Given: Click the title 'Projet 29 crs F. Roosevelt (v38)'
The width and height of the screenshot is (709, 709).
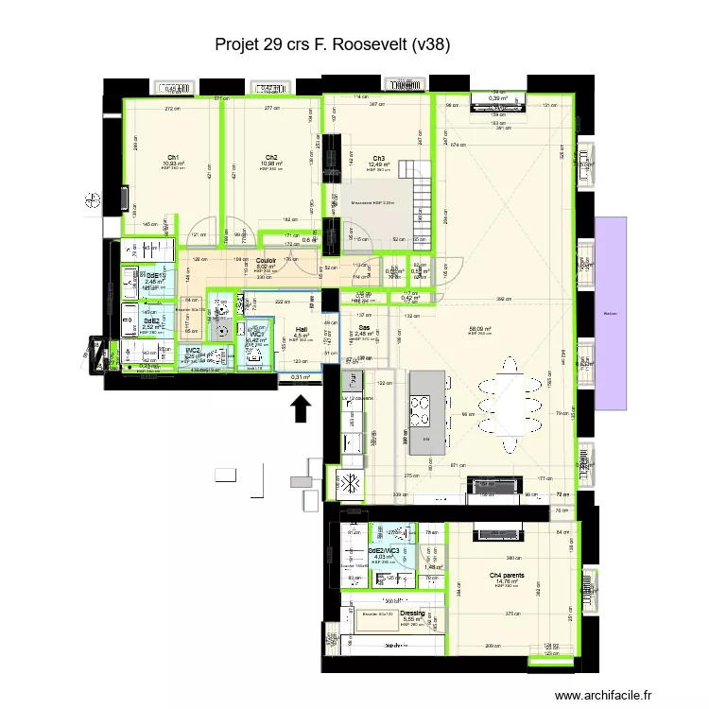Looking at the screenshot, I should (332, 44).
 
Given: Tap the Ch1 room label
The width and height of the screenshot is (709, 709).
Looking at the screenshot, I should (174, 158).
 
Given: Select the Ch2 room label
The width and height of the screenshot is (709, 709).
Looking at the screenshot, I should (271, 158).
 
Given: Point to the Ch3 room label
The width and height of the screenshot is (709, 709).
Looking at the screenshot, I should (378, 159).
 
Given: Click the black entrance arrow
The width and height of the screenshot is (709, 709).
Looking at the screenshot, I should (301, 409).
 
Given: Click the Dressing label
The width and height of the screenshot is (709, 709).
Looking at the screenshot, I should (413, 613).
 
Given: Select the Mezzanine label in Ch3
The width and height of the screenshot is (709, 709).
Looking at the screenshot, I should (372, 202).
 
